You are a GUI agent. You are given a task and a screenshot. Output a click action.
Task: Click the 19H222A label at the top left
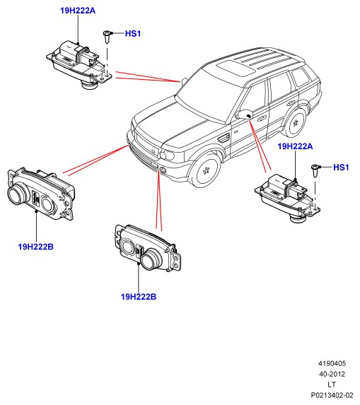(x=78, y=11)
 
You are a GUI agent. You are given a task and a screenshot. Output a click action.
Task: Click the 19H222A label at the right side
(x=295, y=146)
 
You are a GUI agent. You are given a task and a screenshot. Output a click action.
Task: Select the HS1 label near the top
(x=133, y=34)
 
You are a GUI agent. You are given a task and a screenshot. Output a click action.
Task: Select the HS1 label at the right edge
(x=341, y=168)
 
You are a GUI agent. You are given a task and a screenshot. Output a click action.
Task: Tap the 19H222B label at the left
(x=35, y=247)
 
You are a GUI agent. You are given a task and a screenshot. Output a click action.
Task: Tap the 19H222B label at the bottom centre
(x=139, y=297)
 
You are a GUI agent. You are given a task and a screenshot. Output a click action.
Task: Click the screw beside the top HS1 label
(x=108, y=37)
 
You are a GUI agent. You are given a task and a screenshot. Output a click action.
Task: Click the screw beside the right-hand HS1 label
(x=315, y=171)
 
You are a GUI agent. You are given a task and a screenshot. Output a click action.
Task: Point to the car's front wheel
(x=206, y=170)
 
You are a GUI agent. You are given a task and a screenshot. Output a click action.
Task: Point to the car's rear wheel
(x=295, y=123)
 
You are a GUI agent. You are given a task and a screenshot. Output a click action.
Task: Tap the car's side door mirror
(x=245, y=115)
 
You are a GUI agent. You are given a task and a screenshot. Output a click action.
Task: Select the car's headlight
(x=167, y=155)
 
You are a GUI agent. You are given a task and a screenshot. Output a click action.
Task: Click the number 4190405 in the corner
(x=332, y=364)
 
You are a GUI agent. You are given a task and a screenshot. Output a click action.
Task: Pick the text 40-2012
(x=332, y=375)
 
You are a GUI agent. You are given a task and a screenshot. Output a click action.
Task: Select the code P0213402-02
(x=332, y=395)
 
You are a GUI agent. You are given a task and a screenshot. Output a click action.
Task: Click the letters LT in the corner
(x=332, y=385)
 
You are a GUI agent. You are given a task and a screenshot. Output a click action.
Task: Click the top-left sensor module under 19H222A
(x=79, y=64)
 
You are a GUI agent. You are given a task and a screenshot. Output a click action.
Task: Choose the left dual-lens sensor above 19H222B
(x=41, y=194)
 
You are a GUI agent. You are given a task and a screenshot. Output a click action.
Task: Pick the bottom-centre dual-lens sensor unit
(x=148, y=249)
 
